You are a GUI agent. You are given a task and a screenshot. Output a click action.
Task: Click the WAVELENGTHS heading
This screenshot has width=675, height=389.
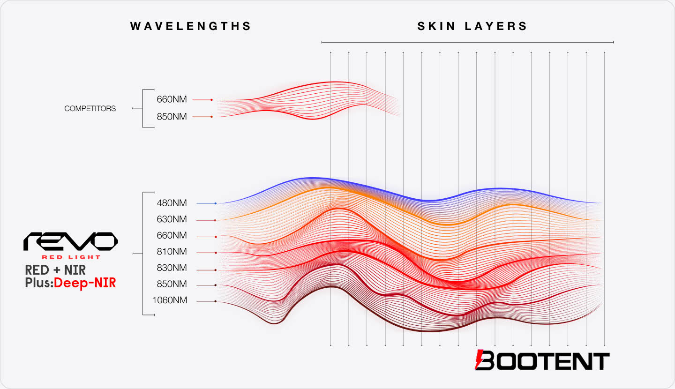point(191,26)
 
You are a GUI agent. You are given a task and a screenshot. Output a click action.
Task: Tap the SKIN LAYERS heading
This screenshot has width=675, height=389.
point(472,26)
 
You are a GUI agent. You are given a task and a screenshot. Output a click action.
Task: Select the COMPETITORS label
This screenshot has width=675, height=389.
point(90,108)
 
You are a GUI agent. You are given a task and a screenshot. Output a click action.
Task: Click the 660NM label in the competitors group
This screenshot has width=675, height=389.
point(172,100)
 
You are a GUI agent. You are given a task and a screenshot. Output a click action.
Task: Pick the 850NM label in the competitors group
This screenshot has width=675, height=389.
point(172,117)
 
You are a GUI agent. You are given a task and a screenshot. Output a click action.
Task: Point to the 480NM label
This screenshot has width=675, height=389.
point(172,203)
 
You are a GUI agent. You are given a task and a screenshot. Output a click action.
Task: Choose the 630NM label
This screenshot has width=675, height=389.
point(172,219)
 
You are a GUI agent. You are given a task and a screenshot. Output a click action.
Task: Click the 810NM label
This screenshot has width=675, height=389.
point(172,252)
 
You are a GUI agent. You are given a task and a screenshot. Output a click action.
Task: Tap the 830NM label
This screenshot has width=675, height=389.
point(172,268)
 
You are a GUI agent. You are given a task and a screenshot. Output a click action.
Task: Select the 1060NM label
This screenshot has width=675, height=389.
point(169,300)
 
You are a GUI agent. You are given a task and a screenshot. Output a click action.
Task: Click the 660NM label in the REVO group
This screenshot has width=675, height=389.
point(172,236)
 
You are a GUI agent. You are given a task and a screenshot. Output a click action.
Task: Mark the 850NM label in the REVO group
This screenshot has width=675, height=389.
point(172,284)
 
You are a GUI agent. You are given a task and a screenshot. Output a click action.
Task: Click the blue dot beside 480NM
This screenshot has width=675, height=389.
point(215,203)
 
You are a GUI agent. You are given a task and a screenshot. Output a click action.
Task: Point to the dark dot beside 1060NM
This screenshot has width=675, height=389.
point(215,301)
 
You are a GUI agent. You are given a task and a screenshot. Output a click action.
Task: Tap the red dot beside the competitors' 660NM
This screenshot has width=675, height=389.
point(212,100)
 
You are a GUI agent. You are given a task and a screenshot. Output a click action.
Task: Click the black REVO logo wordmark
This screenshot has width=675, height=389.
point(71,241)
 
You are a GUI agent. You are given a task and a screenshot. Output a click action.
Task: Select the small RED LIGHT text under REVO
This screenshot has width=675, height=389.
point(71,257)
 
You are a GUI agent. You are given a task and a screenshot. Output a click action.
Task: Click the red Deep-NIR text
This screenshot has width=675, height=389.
point(85,283)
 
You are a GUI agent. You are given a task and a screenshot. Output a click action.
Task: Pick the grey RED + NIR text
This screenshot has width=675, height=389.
point(55,270)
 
